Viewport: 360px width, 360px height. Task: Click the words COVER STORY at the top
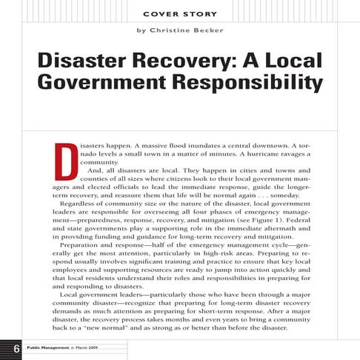179,13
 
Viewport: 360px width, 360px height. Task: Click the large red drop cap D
64,157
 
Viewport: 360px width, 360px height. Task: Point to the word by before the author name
140,30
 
